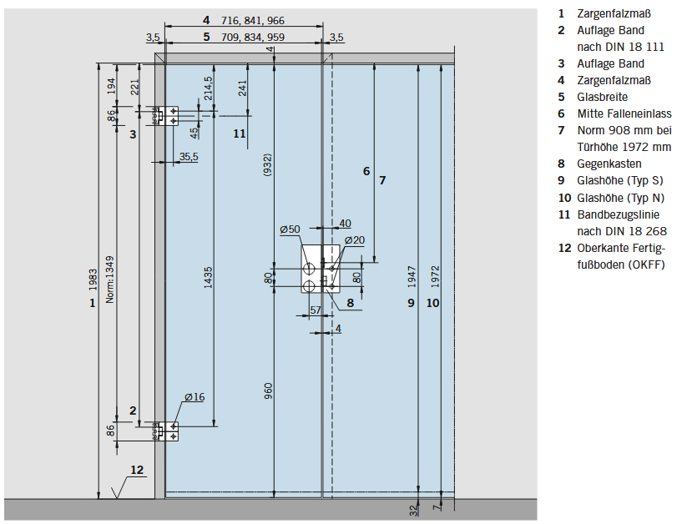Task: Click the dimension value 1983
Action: tap(93, 280)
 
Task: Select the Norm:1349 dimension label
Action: tap(109, 280)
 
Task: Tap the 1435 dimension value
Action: tap(208, 278)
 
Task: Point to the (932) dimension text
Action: tap(267, 165)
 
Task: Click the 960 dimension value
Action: tap(268, 390)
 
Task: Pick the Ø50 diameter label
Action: tap(290, 229)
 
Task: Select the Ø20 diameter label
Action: tap(355, 240)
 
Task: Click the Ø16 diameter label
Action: tap(194, 397)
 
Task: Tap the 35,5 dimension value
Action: tap(189, 157)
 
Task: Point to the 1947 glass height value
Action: tap(412, 276)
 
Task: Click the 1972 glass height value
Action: tap(435, 276)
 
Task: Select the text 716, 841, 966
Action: tap(253, 21)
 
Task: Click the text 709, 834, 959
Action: tap(253, 37)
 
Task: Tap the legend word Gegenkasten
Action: tap(609, 164)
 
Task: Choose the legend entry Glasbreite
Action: tap(602, 97)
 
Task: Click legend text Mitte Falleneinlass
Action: tap(624, 113)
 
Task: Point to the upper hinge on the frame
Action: tap(166, 116)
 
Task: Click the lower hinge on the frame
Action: tap(166, 431)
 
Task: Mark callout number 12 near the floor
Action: tap(137, 470)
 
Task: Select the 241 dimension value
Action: tap(242, 88)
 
